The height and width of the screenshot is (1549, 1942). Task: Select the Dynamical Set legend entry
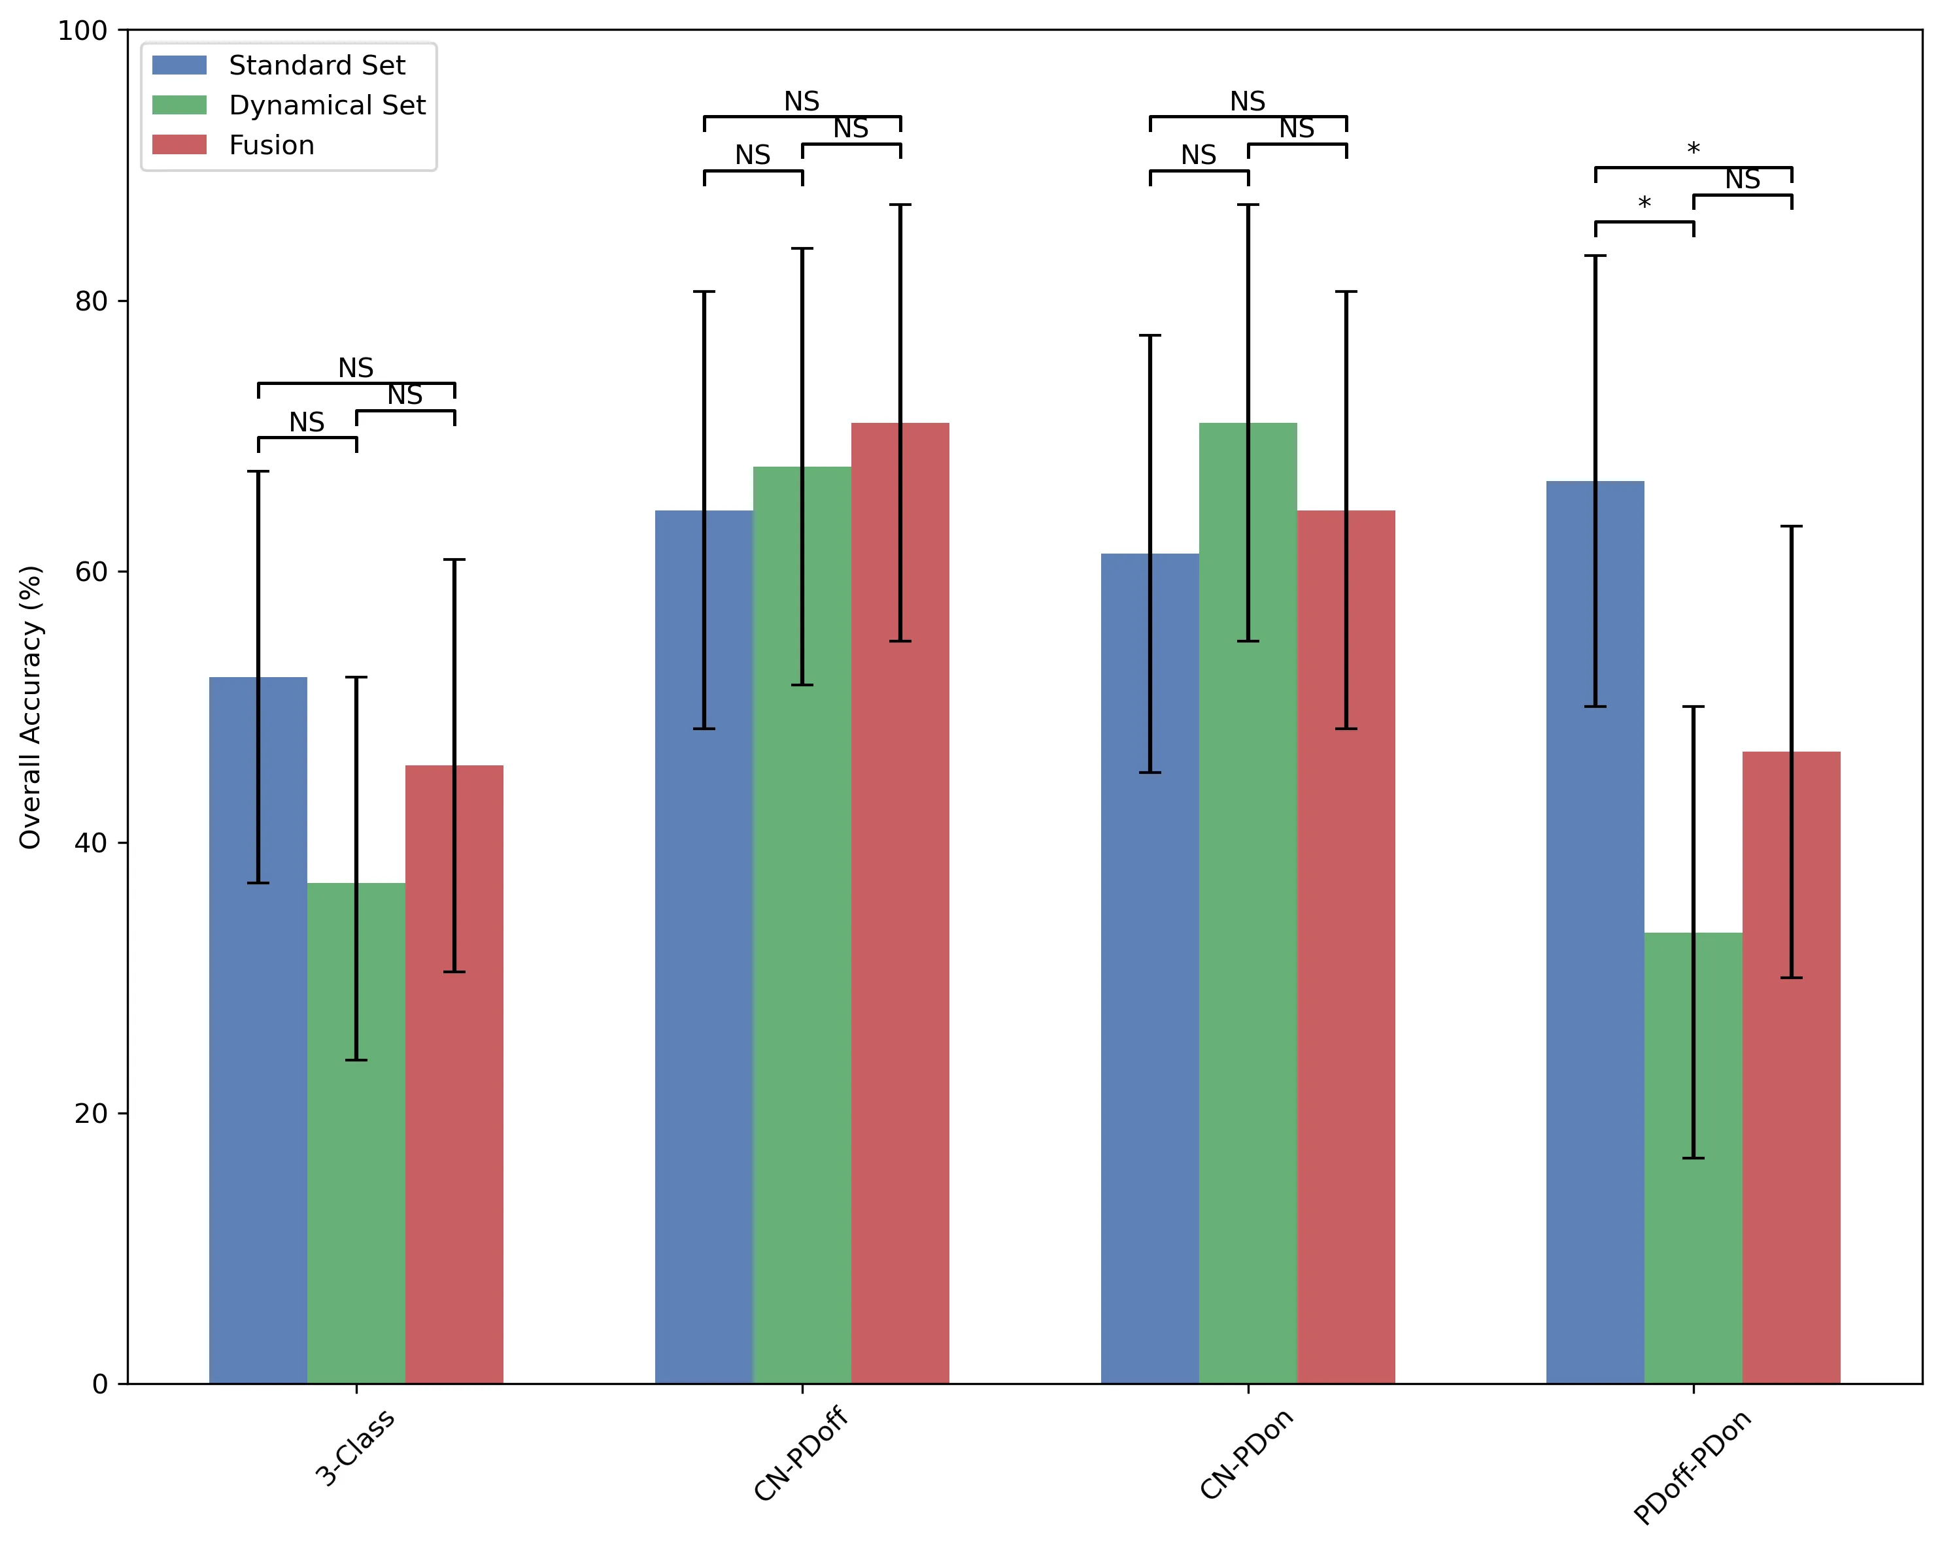327,105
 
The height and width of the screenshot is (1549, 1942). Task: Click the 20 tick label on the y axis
91,1113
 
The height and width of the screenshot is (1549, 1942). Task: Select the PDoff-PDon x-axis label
1691,1467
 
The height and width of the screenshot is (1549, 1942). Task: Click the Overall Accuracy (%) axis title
31,707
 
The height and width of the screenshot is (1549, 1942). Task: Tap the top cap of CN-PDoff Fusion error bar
900,205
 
